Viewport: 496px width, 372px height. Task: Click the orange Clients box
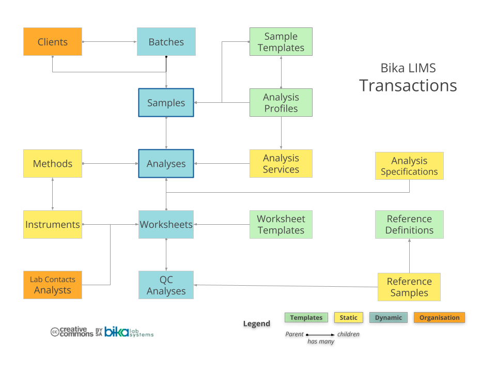53,42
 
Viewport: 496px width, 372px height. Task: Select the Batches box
166,42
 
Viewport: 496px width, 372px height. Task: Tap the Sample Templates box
281,42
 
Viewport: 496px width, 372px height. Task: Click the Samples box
166,102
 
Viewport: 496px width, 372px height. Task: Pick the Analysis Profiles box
281,102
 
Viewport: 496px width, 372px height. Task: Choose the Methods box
53,163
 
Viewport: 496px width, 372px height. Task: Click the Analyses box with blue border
166,163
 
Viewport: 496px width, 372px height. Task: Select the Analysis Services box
281,163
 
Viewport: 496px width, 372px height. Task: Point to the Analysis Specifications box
409,166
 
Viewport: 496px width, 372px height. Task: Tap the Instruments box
53,224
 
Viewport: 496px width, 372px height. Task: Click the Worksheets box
166,224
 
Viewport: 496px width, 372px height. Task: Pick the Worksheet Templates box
281,224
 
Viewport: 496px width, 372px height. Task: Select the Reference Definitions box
409,224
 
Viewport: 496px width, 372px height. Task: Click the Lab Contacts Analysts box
53,285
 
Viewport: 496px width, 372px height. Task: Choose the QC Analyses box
166,285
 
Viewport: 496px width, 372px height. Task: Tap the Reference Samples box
409,287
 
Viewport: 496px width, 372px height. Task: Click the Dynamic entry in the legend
389,318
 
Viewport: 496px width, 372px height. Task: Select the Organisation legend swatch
439,318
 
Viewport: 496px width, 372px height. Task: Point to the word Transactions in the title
408,85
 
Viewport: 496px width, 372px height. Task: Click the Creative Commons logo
72,332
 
